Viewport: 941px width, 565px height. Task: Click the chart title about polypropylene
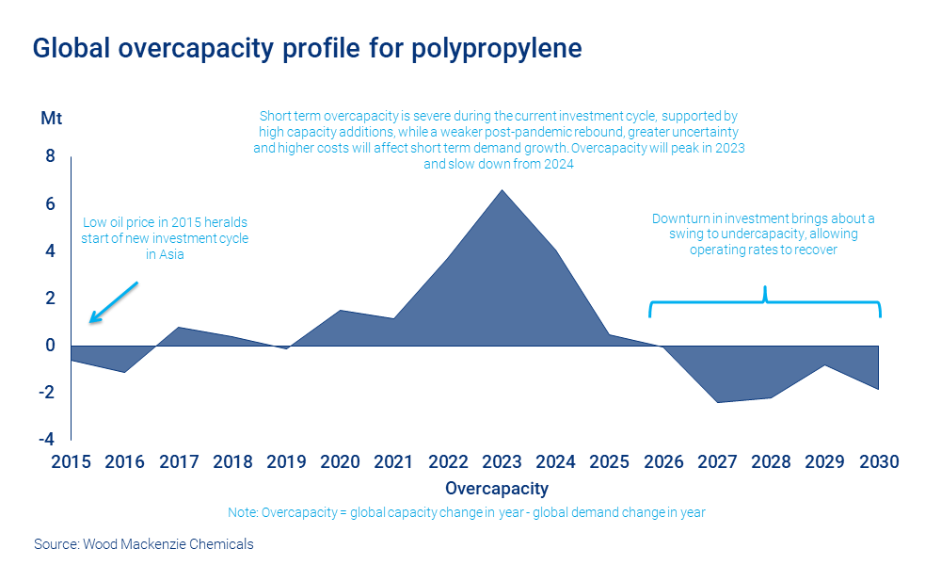coord(307,49)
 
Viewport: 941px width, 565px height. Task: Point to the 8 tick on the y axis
coord(51,156)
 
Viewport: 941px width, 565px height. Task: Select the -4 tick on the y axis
coord(46,440)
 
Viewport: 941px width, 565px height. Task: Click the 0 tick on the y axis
coord(51,346)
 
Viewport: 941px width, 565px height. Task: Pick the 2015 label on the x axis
coord(71,462)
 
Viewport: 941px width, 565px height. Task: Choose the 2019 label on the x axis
coord(286,462)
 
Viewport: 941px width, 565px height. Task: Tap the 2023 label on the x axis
coord(502,462)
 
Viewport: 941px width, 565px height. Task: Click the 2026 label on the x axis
coord(663,462)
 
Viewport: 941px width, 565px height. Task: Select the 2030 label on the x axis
coord(879,462)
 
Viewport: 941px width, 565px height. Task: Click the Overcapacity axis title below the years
coord(496,489)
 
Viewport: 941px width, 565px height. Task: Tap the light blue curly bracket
coord(765,300)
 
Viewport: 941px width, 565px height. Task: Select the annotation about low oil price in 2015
coord(166,238)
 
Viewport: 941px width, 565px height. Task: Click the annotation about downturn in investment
coord(763,234)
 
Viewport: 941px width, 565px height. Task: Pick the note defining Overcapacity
coord(466,512)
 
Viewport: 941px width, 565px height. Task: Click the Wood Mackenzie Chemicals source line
coord(143,543)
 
